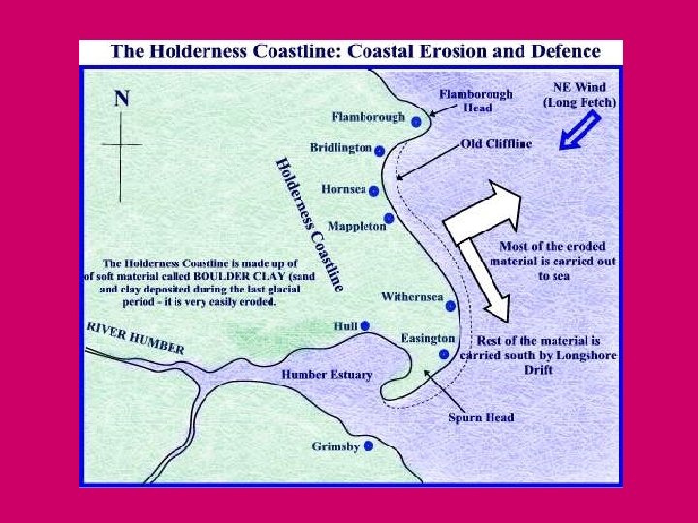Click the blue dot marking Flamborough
coord(416,121)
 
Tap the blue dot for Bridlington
coord(380,150)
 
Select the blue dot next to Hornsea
coord(374,191)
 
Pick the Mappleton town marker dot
coord(389,218)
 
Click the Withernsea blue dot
coord(451,306)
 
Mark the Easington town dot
coord(443,354)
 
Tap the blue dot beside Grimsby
coord(368,447)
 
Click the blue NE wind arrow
coord(580,132)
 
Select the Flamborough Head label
coord(476,101)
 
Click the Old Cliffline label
coord(496,144)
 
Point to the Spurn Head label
coord(481,417)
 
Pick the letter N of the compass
coord(122,97)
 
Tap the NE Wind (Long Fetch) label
coord(580,94)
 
